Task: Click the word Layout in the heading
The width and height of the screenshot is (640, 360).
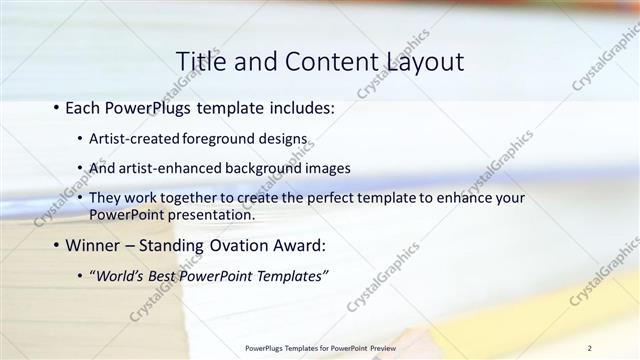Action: (419, 62)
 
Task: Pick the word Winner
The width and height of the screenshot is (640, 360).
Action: (95, 245)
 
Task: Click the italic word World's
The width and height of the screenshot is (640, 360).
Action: (120, 276)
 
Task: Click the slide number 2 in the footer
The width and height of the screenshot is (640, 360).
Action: (590, 348)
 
